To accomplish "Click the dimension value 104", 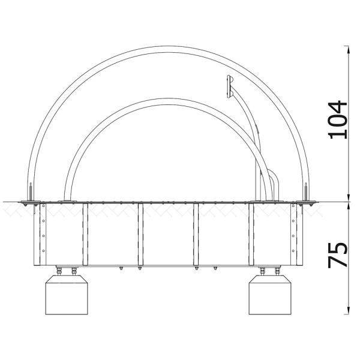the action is [x=337, y=120].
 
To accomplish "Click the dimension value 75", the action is [x=337, y=255].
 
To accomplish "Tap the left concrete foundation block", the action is [x=67, y=295].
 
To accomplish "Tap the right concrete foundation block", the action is [x=270, y=295].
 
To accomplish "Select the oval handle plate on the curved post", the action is [x=229, y=86].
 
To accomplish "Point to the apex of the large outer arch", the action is [x=168, y=49].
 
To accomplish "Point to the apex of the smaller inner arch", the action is [x=166, y=101].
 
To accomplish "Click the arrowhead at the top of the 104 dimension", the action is [x=349, y=50].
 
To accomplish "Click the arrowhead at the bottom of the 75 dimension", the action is [x=349, y=310].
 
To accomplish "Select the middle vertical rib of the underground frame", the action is [x=141, y=235].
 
